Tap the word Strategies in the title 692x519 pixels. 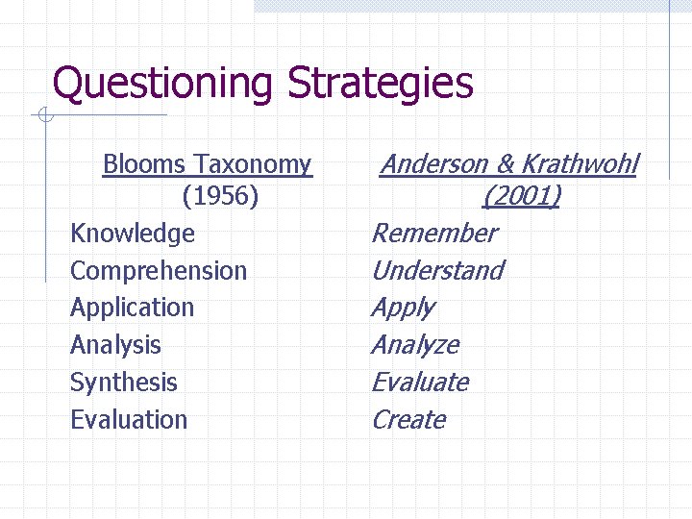pyautogui.click(x=380, y=84)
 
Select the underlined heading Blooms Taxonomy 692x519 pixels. pyautogui.click(x=207, y=164)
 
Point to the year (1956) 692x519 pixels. pyautogui.click(x=220, y=197)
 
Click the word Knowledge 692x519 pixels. pyautogui.click(x=133, y=234)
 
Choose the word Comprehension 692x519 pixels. pyautogui.click(x=159, y=271)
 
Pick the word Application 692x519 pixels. pyautogui.click(x=132, y=308)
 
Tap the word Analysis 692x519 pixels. pyautogui.click(x=115, y=345)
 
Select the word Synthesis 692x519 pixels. pyautogui.click(x=124, y=383)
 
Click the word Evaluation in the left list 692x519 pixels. pyautogui.click(x=129, y=420)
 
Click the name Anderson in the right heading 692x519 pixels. pyautogui.click(x=432, y=164)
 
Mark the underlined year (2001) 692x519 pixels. pyautogui.click(x=521, y=197)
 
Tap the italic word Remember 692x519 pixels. pyautogui.click(x=434, y=234)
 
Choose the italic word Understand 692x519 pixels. pyautogui.click(x=437, y=271)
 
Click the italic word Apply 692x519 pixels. pyautogui.click(x=403, y=309)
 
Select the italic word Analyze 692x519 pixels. pyautogui.click(x=415, y=345)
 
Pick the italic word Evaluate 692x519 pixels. pyautogui.click(x=420, y=383)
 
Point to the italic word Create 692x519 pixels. pyautogui.click(x=408, y=420)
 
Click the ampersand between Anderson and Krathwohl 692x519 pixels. pyautogui.click(x=506, y=164)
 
